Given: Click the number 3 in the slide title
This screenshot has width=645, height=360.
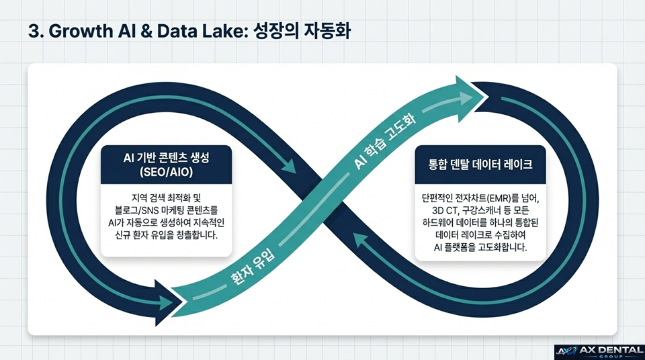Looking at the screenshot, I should (x=34, y=31).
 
